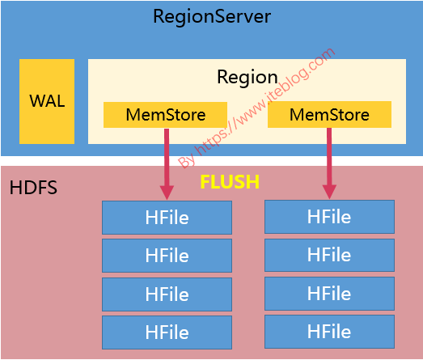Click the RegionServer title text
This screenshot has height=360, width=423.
pyautogui.click(x=212, y=17)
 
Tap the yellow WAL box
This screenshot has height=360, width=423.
pyautogui.click(x=47, y=101)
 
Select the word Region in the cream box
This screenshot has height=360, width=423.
pyautogui.click(x=247, y=78)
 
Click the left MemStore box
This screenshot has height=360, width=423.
pyautogui.click(x=165, y=115)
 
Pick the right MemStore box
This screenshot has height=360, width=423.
pyautogui.click(x=329, y=114)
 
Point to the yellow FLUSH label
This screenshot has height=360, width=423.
pyautogui.click(x=230, y=182)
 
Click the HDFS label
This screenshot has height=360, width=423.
pyautogui.click(x=33, y=188)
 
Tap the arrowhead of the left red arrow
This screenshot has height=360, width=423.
pyautogui.click(x=167, y=193)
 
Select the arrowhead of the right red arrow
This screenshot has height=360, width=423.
pyautogui.click(x=329, y=192)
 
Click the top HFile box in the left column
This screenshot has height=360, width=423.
pyautogui.click(x=167, y=218)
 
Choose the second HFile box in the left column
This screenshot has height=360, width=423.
pyautogui.click(x=167, y=256)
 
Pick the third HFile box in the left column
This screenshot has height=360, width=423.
pyautogui.click(x=167, y=294)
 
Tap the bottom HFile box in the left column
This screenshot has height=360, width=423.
pyautogui.click(x=167, y=332)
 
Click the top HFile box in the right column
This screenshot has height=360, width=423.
pyautogui.click(x=329, y=217)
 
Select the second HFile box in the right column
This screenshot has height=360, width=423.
pyautogui.click(x=329, y=255)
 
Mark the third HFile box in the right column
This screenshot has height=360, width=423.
pyautogui.click(x=329, y=294)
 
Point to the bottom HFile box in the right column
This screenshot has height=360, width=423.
pyautogui.click(x=329, y=332)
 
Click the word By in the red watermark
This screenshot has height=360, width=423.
pyautogui.click(x=187, y=161)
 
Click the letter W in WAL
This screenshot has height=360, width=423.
pyautogui.click(x=37, y=101)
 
